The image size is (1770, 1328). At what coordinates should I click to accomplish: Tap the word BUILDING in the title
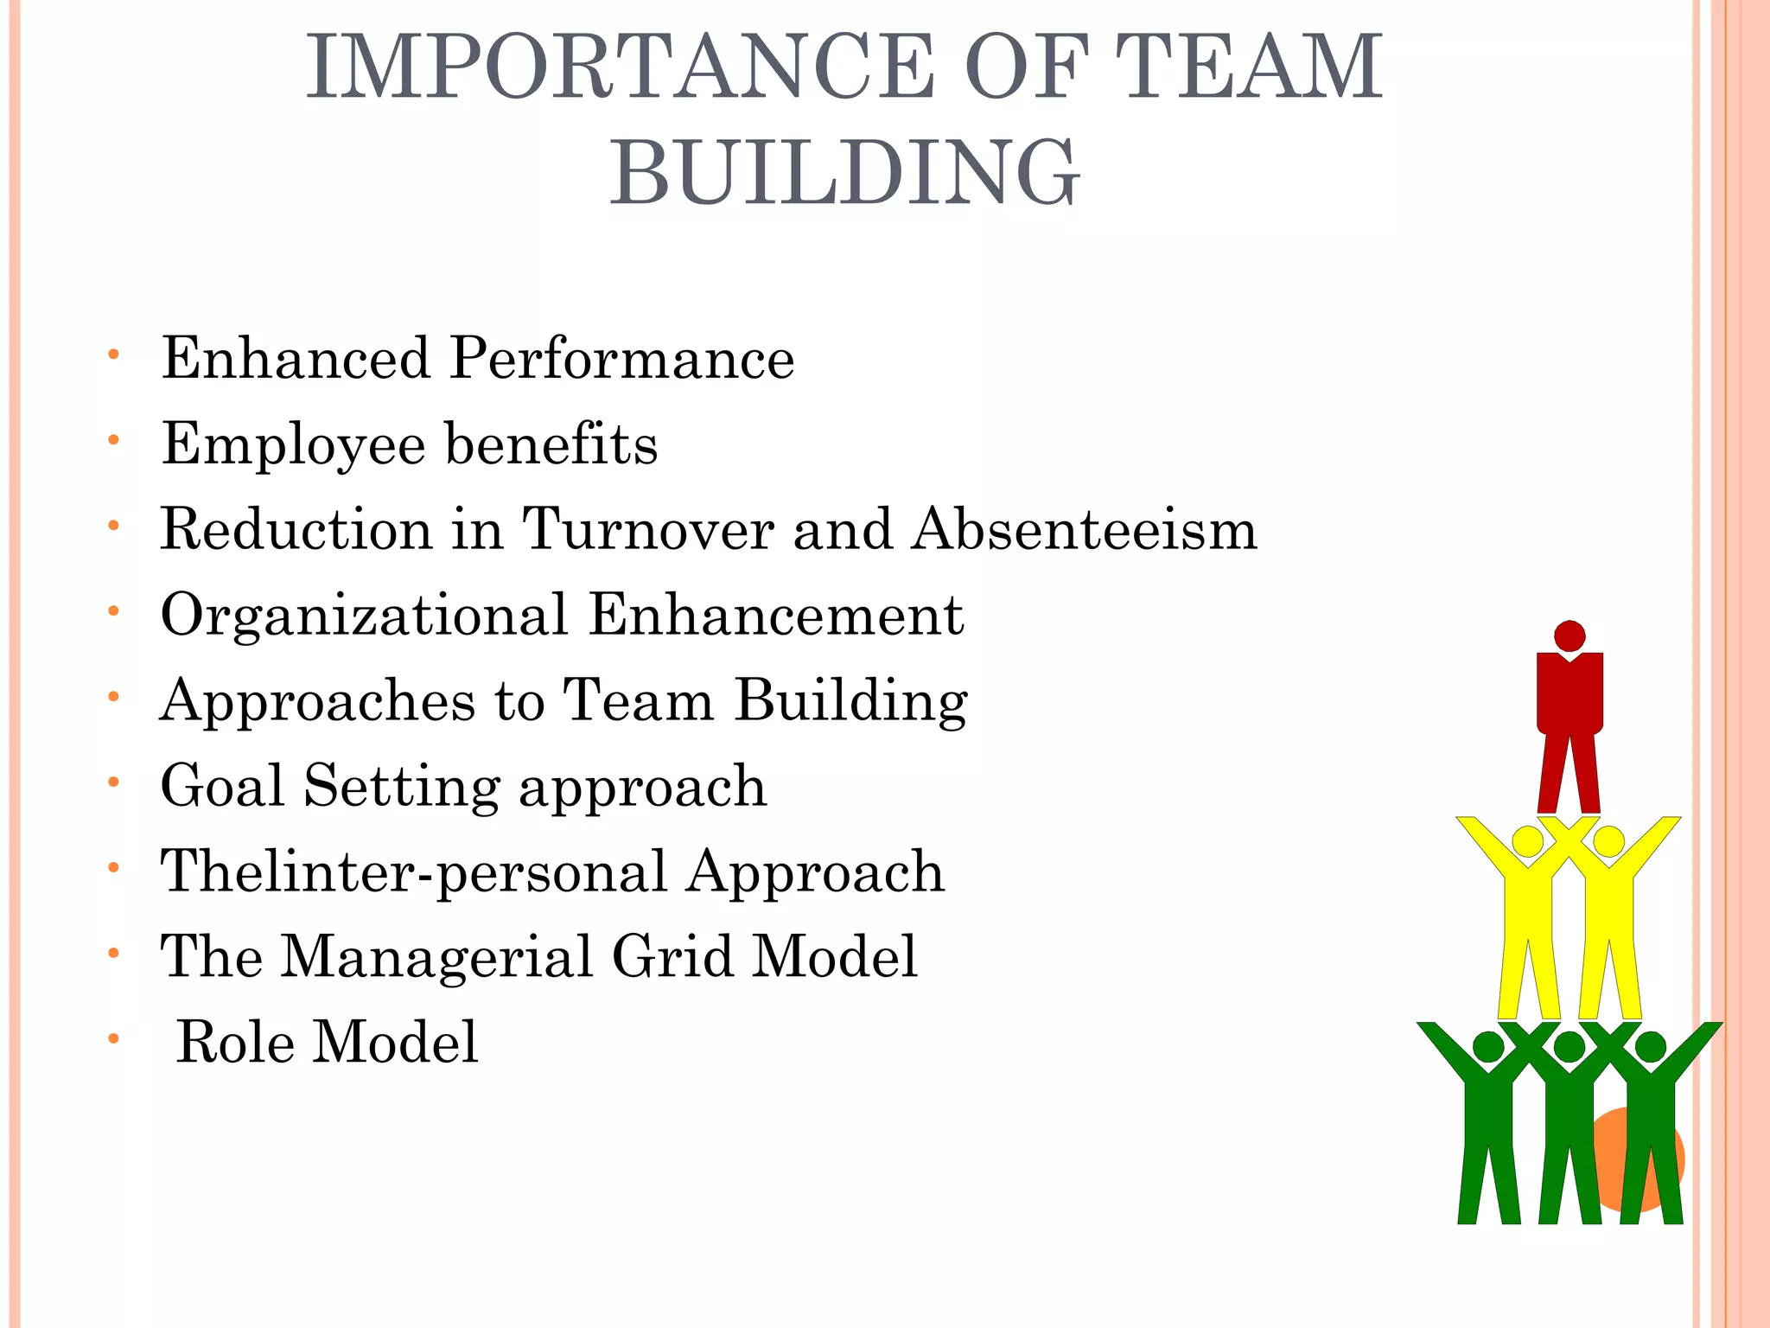point(844,173)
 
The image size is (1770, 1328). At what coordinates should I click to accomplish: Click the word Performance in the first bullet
point(621,359)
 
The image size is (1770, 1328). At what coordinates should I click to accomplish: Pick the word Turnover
point(648,529)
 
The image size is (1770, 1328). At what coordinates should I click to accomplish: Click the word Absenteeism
point(1085,529)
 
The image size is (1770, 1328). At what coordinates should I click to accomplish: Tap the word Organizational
point(364,615)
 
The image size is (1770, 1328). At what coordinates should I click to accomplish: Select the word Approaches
point(317,701)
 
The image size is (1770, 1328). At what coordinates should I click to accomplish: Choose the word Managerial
point(436,957)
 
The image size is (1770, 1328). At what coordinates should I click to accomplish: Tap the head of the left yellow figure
point(1527,841)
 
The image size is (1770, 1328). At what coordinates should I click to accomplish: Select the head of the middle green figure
point(1569,1047)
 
